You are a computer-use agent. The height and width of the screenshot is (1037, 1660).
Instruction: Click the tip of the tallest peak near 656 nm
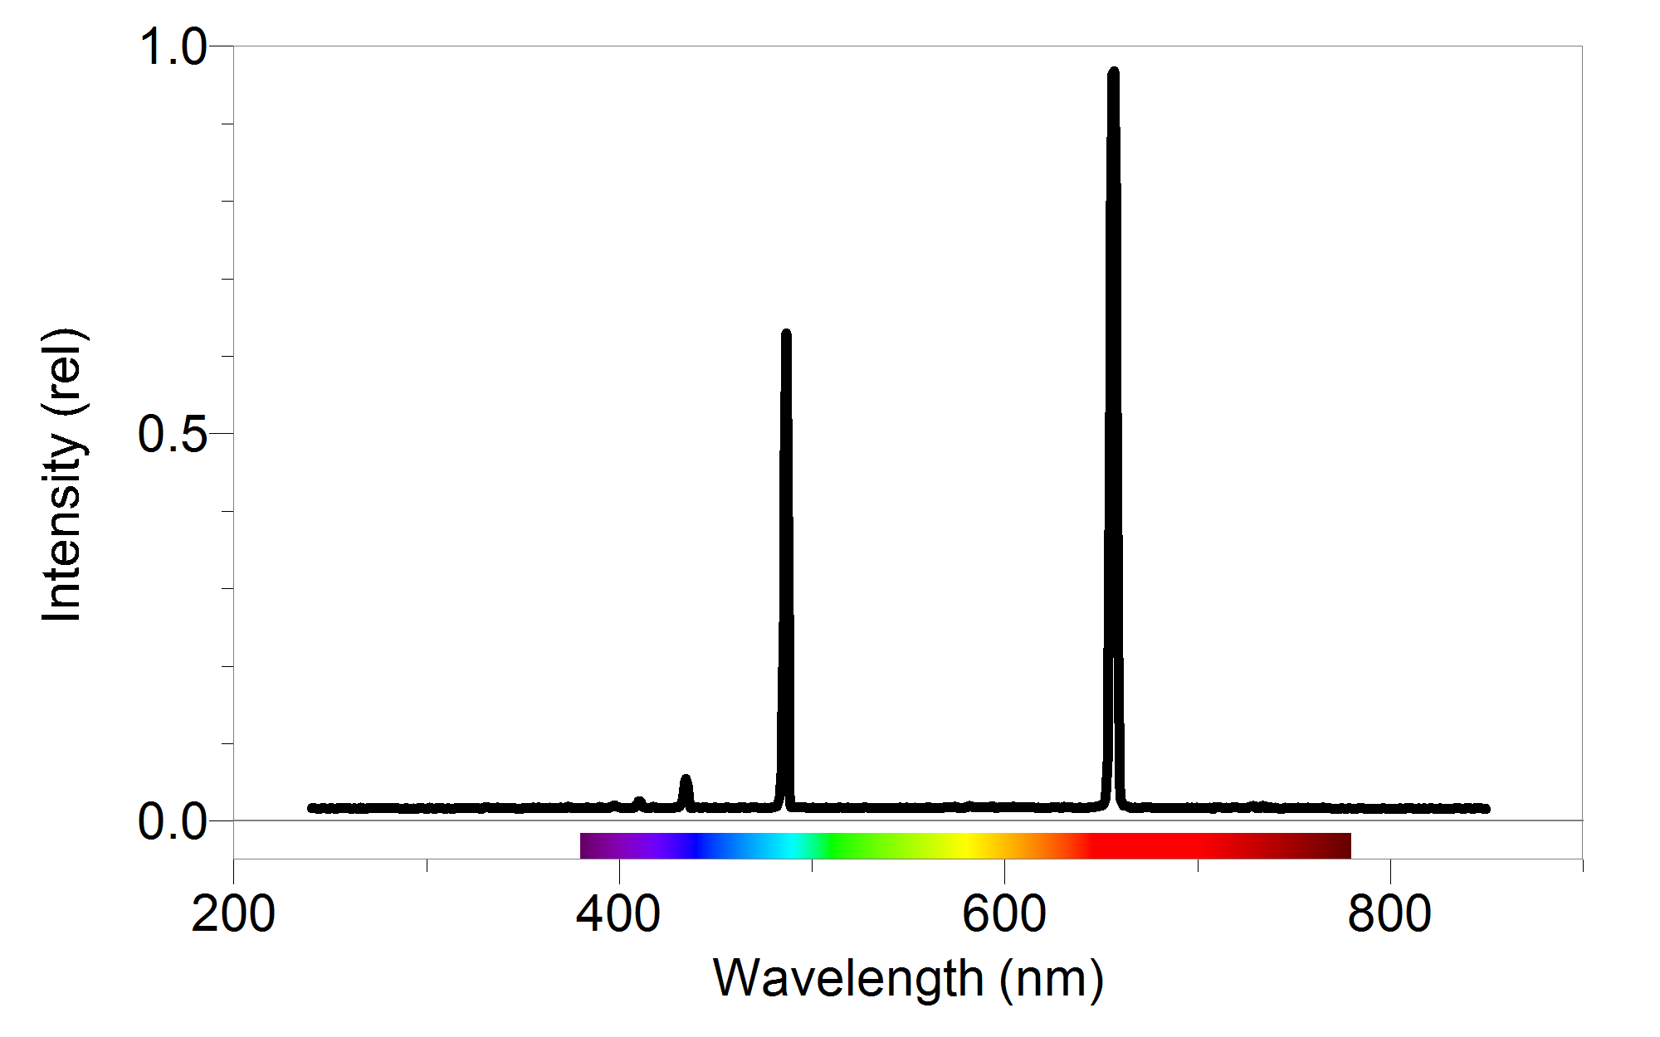[1113, 74]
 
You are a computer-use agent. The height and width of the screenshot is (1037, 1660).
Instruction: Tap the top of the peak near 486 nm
[786, 334]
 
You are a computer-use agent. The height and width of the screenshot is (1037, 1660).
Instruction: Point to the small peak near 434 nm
[686, 780]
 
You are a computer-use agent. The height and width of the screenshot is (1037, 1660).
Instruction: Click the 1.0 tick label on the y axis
[173, 46]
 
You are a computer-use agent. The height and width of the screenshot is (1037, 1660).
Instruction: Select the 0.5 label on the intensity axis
[173, 434]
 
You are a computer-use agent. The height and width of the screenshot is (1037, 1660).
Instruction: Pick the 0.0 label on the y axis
[173, 822]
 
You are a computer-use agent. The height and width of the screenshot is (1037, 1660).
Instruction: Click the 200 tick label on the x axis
[233, 914]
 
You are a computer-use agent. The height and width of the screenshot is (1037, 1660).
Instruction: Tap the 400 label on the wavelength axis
[618, 914]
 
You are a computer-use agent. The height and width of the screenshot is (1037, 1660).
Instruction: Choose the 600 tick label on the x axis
[1004, 914]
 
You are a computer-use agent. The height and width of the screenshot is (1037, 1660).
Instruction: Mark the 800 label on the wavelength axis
[1389, 914]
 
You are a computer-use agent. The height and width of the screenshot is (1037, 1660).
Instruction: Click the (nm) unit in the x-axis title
[1052, 979]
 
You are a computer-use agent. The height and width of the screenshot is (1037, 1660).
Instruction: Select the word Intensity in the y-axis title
[62, 527]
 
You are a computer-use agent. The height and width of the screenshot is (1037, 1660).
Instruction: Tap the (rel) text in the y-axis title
[62, 371]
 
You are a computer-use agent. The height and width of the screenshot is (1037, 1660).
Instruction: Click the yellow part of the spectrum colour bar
[967, 846]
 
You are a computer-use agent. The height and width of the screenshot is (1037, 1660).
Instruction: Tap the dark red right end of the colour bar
[1340, 846]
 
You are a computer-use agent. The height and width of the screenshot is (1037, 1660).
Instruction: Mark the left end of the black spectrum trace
[312, 808]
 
